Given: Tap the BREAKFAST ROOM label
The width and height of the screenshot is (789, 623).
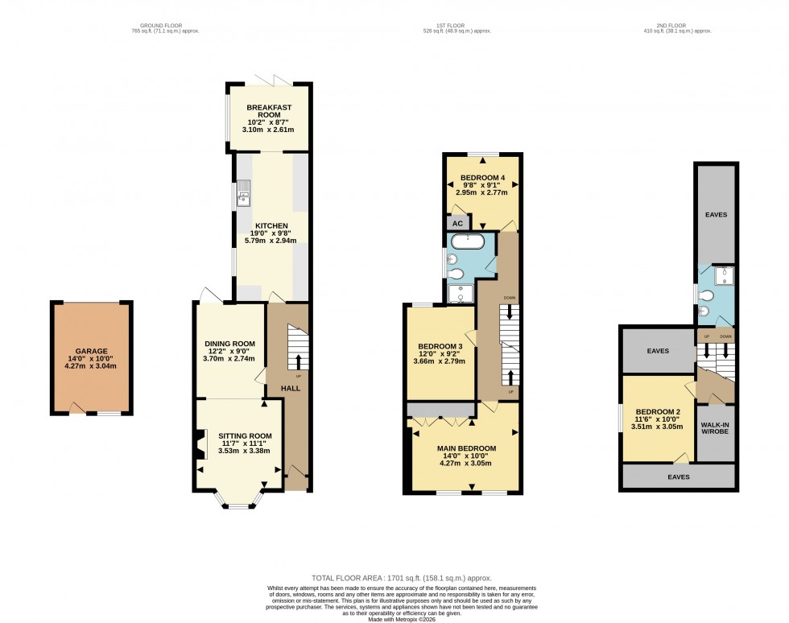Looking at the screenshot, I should [x=269, y=111].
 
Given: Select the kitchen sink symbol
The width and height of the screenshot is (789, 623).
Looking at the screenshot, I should [x=242, y=194].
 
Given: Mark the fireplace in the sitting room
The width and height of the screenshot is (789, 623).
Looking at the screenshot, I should [x=198, y=446].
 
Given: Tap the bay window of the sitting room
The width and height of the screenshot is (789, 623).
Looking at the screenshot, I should [x=238, y=502].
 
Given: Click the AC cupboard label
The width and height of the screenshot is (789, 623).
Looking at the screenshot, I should [x=456, y=223].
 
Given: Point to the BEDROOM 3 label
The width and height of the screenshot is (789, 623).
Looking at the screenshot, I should [x=440, y=347].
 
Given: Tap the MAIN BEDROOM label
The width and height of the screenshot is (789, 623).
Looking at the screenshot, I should [x=466, y=448].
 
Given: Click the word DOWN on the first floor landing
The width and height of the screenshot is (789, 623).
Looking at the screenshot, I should [x=509, y=298].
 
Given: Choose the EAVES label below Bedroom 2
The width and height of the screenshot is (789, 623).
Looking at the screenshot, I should [x=678, y=477].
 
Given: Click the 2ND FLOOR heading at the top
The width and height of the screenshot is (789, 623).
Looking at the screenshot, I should [x=675, y=26].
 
